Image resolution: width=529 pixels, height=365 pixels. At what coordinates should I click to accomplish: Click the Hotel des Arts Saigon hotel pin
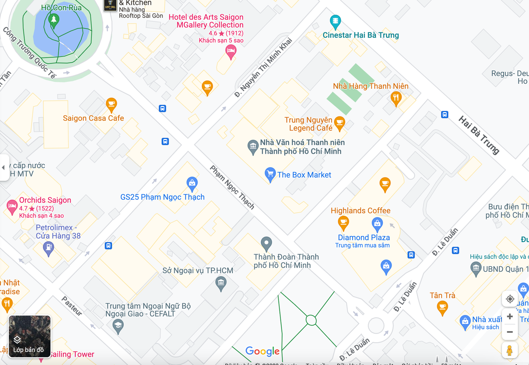pos(231,51)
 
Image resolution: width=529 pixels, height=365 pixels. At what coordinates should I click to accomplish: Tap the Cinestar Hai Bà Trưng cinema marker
pos(335,22)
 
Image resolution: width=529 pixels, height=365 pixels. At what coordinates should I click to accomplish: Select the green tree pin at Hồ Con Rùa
pos(54,20)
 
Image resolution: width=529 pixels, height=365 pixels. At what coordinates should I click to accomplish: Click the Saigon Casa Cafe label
pos(93,118)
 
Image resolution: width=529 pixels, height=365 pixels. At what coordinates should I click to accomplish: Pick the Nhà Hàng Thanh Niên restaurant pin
pos(396,98)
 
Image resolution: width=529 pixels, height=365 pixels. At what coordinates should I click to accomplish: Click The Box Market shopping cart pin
pos(270,174)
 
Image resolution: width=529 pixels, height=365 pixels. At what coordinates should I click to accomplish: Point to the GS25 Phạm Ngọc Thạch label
pos(163,197)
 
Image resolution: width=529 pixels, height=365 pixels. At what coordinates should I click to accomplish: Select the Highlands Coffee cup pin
pos(343,222)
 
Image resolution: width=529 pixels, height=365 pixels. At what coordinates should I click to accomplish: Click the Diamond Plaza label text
pos(364,237)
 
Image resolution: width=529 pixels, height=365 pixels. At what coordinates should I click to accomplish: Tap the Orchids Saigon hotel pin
pos(12,207)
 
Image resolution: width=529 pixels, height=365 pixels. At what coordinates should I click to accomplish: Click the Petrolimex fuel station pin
pos(48,249)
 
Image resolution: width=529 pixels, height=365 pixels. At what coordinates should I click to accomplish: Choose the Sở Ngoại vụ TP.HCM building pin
pos(221,283)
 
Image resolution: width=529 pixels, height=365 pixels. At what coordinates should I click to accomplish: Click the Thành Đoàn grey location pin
pos(266,243)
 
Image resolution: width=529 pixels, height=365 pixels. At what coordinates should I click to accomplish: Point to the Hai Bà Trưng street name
pos(479,135)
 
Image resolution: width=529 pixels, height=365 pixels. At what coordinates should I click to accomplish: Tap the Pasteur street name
pos(72,306)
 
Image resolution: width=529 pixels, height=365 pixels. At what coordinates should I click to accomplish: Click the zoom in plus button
pos(510,317)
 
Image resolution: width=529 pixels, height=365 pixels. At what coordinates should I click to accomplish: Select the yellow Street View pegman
pos(510,350)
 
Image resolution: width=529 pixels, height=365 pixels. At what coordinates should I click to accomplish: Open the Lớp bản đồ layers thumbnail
pos(29,336)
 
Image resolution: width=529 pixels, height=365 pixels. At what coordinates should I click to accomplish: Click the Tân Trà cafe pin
pos(442,307)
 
